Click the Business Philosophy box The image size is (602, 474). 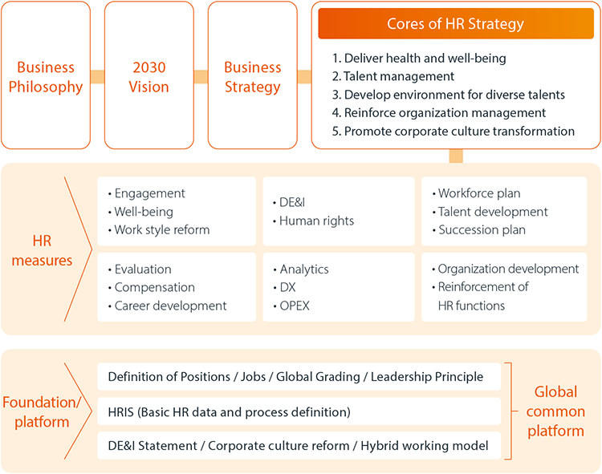coord(46,75)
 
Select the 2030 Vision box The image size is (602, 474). coord(149,75)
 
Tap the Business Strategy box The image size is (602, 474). coord(253,75)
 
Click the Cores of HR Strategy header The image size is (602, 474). coord(456,23)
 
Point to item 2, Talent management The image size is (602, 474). coord(393,76)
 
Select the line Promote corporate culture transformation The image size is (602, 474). coord(453,132)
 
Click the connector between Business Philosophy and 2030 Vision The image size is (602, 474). coord(97,77)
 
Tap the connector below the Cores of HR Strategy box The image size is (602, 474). coord(456,156)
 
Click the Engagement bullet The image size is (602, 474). coord(147,193)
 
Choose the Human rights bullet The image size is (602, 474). coord(313,221)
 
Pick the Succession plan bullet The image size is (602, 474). coord(478,229)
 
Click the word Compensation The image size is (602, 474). coord(155,287)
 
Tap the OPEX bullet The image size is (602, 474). coord(291,306)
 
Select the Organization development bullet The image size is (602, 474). coord(505,269)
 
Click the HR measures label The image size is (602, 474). coord(42,250)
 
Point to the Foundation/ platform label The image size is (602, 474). coord(42,412)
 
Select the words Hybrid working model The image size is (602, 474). coord(425,446)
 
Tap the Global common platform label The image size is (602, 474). coord(555,411)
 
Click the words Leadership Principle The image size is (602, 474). coord(427,377)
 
